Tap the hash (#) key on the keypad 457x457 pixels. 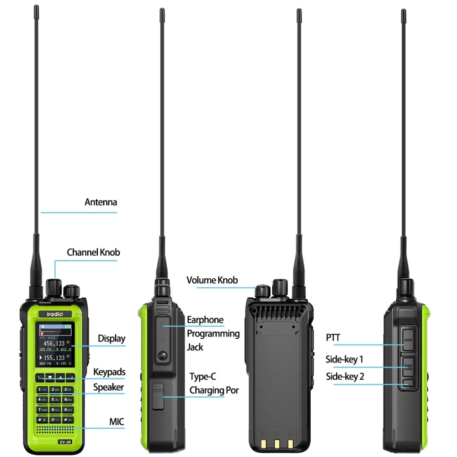pos(68,420)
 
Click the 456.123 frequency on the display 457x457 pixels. pos(54,343)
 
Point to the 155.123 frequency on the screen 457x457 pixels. pos(54,358)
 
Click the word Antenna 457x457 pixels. pos(101,202)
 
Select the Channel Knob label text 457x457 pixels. pos(94,252)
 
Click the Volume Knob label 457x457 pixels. pos(212,280)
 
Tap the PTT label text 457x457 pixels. pos(333,338)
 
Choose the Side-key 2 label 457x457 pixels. pos(345,377)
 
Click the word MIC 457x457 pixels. pos(117,422)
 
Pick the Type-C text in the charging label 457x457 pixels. pos(203,377)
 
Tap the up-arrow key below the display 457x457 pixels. pos(60,378)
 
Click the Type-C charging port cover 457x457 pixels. pos(158,396)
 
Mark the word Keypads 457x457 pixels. pos(109,372)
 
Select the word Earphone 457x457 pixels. pos(205,320)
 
